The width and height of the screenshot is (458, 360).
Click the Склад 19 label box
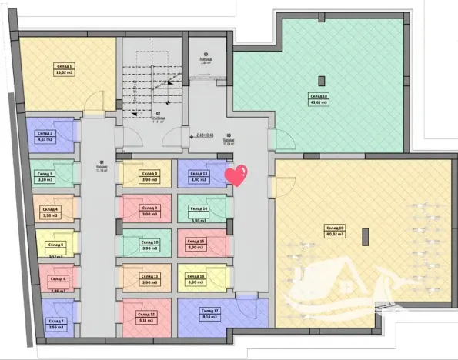(x=336, y=228)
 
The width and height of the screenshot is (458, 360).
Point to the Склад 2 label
(x=44, y=133)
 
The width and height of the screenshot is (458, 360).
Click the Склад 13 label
(x=200, y=174)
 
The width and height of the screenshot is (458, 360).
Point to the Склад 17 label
(x=211, y=310)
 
